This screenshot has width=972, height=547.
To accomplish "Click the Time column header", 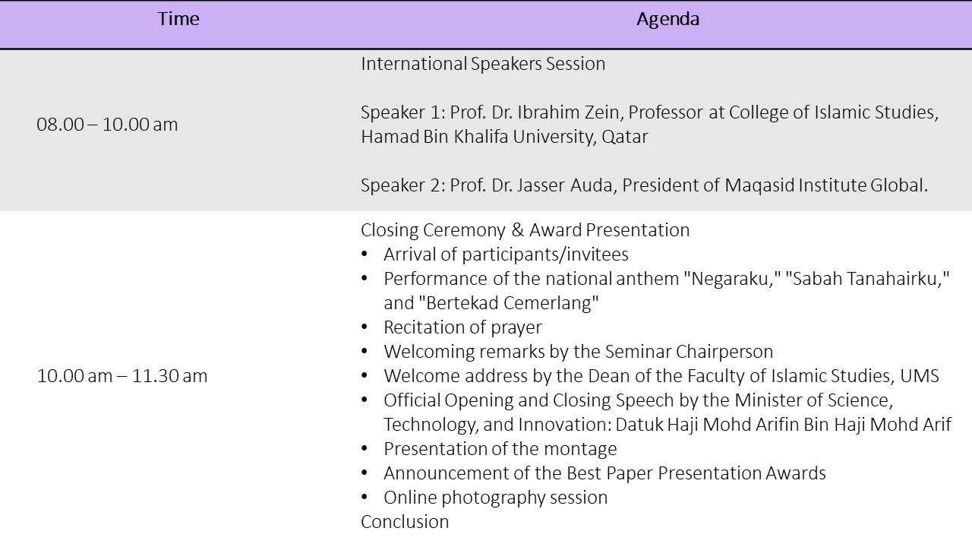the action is (178, 19).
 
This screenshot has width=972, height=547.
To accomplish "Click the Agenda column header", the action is (667, 20).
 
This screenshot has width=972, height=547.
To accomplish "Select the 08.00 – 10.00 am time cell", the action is (107, 125).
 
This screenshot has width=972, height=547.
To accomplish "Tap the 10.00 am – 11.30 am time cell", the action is (122, 376).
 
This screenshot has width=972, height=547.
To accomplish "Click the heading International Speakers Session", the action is (483, 65).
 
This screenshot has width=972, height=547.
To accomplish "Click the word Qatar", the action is (625, 138).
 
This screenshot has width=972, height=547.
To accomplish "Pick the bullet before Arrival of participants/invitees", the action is (364, 255).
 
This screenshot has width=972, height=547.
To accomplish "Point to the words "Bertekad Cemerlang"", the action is (509, 303).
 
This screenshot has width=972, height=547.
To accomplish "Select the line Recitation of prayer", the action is (462, 327).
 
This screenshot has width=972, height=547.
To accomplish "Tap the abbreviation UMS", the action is (920, 376).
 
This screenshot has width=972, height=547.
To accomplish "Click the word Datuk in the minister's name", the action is (639, 425).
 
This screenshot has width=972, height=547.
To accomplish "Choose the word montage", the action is (580, 449).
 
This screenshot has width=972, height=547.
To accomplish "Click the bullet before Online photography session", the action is (364, 498).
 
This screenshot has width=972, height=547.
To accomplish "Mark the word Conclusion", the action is (405, 522).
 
